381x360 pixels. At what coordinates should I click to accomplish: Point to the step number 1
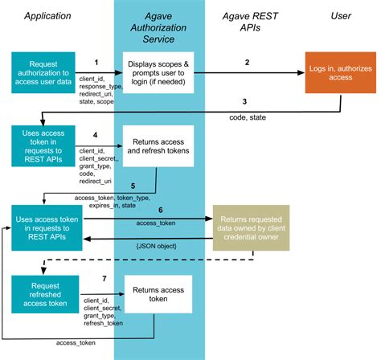(96, 61)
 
